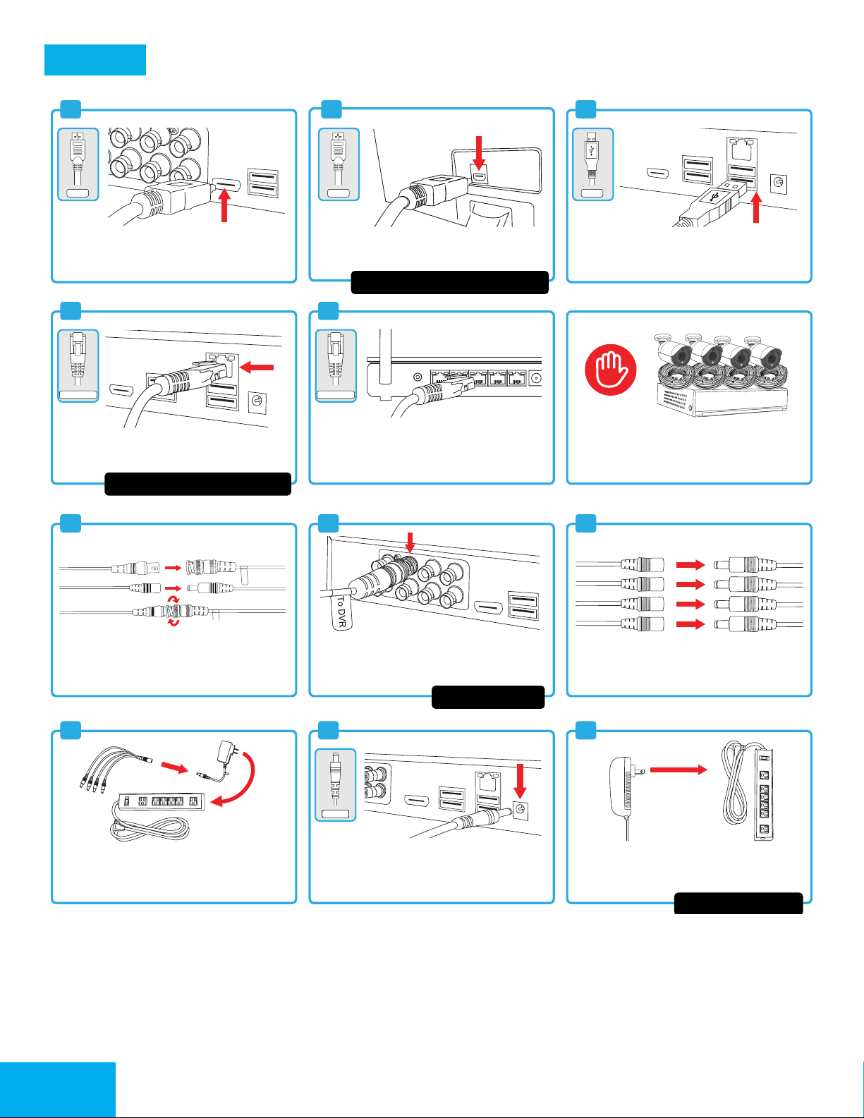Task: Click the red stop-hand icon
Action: pyautogui.click(x=611, y=370)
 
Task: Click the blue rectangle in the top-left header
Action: pyautogui.click(x=95, y=60)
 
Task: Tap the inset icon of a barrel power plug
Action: pyautogui.click(x=336, y=785)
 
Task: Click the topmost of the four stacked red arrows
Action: pyautogui.click(x=690, y=564)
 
